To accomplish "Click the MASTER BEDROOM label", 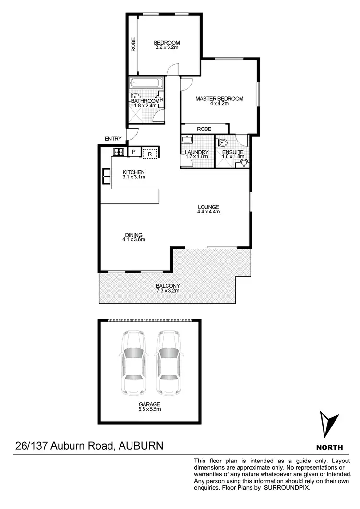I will tap(219, 99).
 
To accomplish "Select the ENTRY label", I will tap(113, 139).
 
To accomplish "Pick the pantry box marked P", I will tap(134, 152).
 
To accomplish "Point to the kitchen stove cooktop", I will tap(119, 152).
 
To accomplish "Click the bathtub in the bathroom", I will tap(147, 83).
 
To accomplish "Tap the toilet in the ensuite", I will tap(222, 142).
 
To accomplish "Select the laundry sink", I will tap(187, 140).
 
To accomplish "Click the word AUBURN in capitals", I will tap(140, 446).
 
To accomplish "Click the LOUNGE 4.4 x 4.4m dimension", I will tap(208, 212).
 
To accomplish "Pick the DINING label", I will tap(133, 234).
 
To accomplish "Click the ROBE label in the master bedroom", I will tap(204, 129).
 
